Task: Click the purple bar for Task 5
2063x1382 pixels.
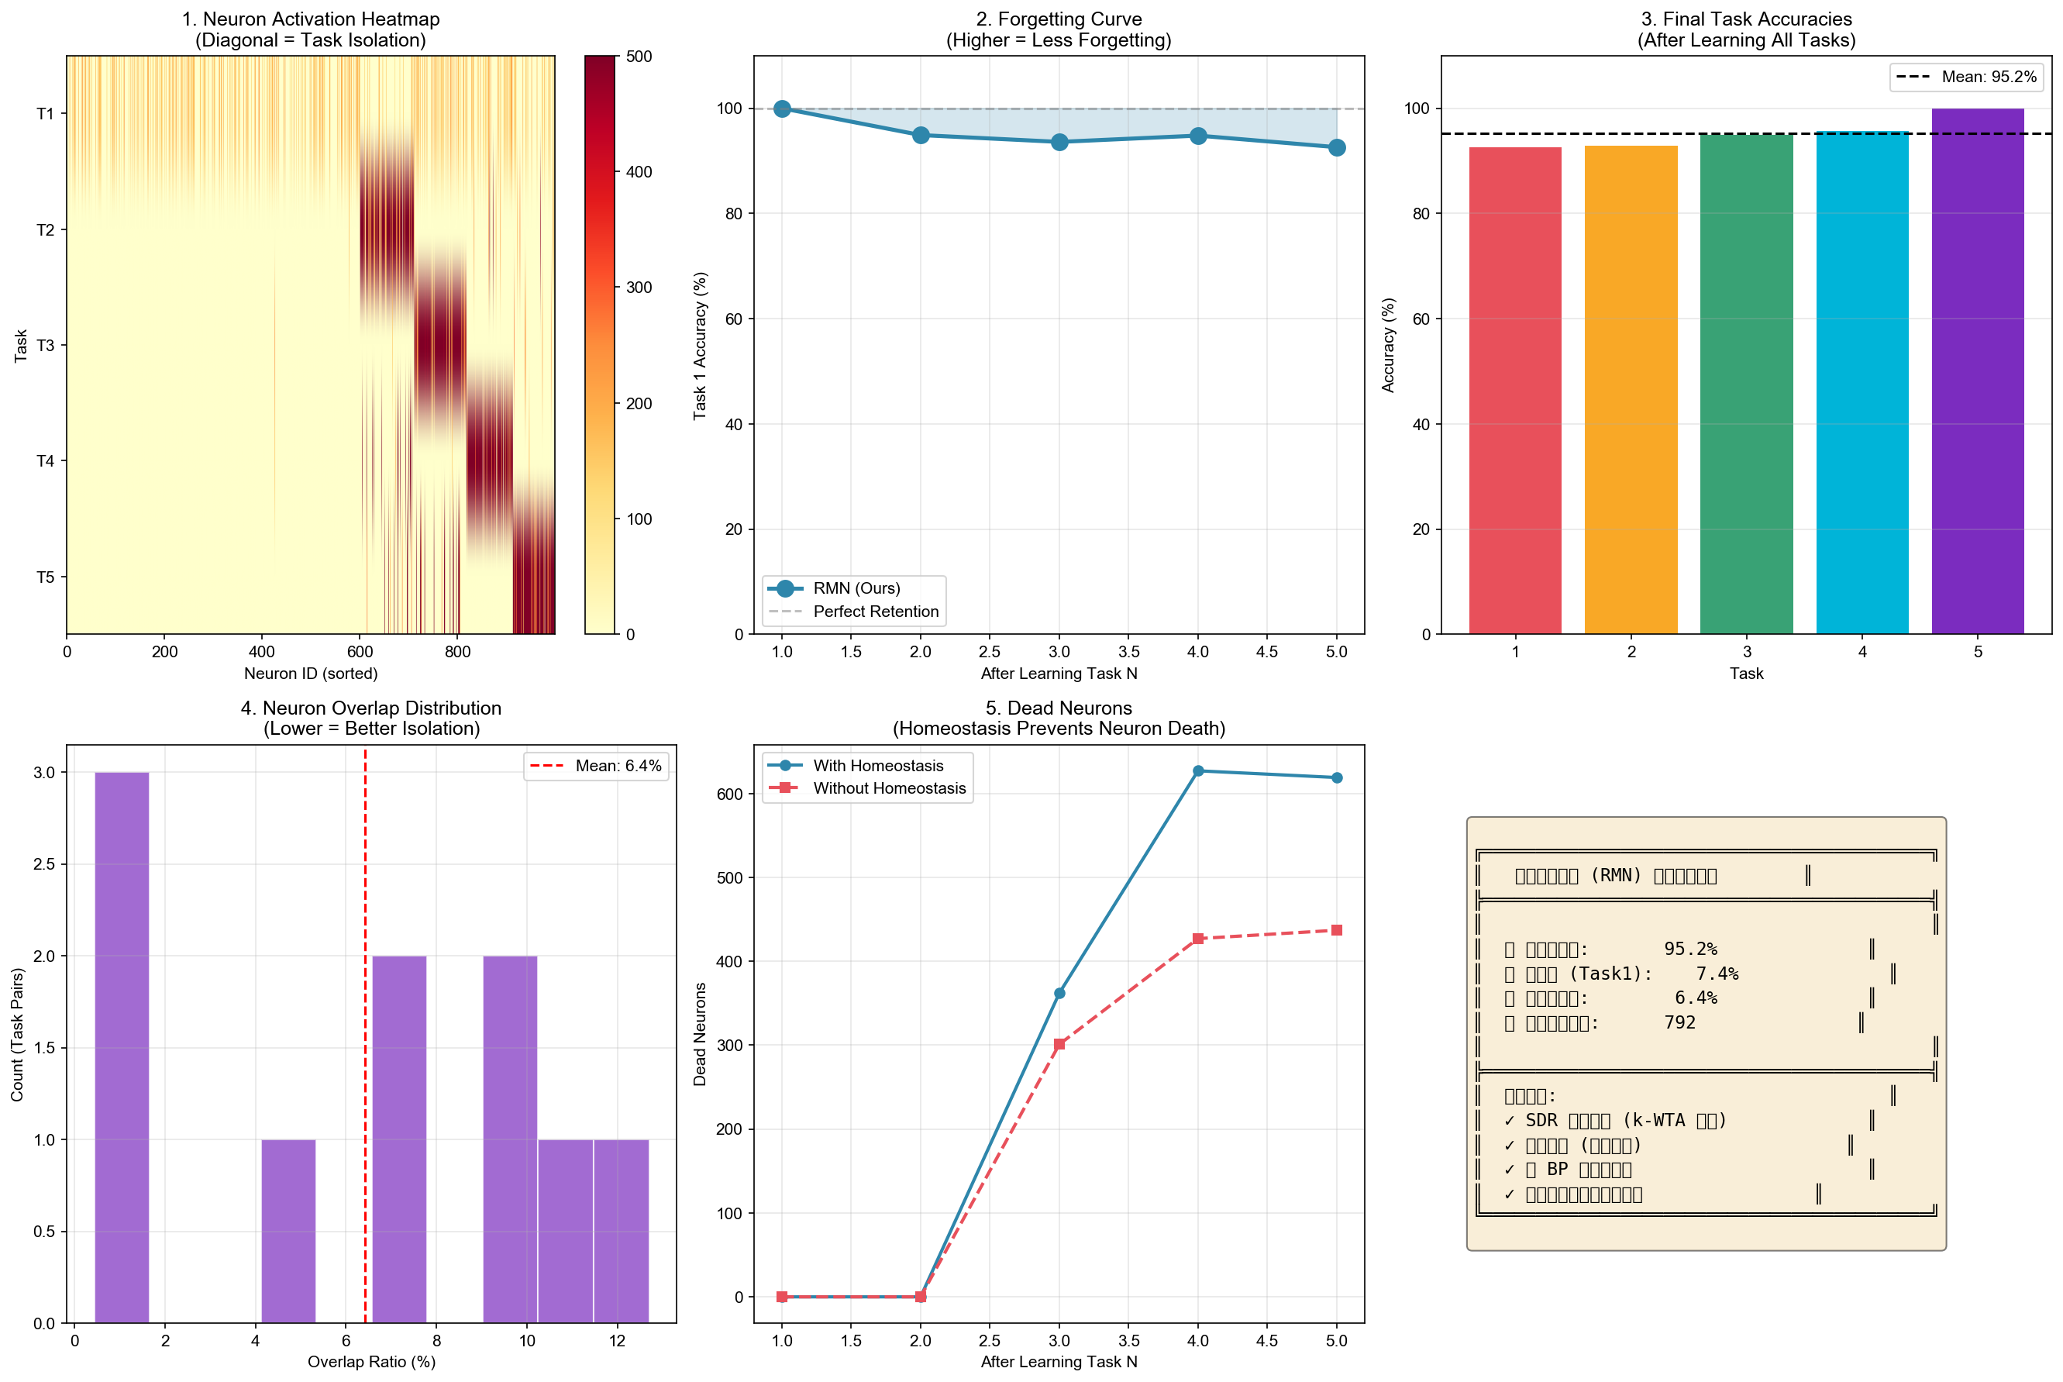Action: coord(1977,370)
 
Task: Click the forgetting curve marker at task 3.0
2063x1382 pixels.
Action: coord(1059,142)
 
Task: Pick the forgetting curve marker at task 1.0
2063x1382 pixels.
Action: coord(782,109)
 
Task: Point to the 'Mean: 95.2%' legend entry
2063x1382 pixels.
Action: coord(1988,78)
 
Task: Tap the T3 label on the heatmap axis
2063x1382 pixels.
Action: coord(45,346)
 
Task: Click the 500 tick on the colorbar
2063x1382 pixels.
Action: coord(639,57)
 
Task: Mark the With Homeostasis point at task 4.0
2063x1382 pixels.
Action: coord(1197,771)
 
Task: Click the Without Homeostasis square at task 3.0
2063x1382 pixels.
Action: coord(1059,1044)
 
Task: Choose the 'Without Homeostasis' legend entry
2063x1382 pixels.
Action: coord(888,789)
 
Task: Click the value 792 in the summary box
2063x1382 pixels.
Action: coord(1679,1023)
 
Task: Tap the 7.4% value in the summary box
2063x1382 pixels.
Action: coord(1717,974)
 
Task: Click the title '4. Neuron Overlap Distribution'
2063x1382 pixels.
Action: coord(371,708)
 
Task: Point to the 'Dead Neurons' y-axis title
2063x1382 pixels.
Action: coord(700,1034)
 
